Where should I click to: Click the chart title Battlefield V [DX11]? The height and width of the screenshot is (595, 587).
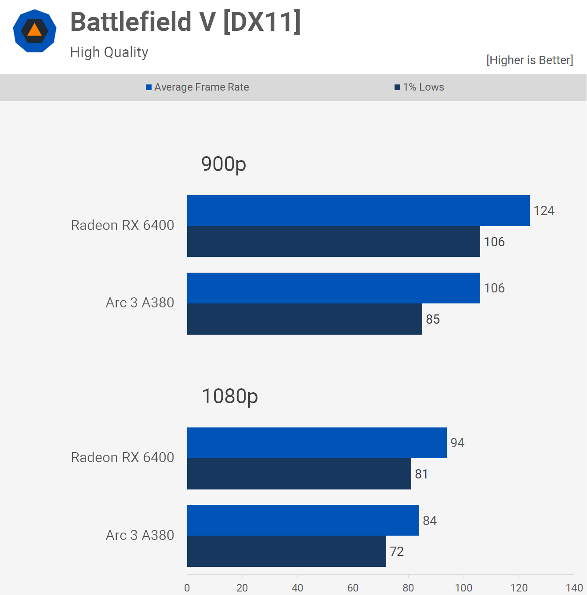click(x=185, y=22)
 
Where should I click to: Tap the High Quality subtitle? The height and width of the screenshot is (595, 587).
click(x=109, y=52)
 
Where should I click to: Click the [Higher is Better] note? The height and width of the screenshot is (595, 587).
click(x=529, y=60)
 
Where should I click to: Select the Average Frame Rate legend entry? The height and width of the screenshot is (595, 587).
click(x=197, y=87)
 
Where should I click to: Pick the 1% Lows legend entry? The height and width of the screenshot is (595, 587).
click(x=420, y=87)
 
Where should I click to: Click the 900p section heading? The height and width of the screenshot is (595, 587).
click(x=223, y=164)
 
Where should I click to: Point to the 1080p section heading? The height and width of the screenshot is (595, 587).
click(x=229, y=397)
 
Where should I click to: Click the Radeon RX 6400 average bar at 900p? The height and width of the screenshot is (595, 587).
click(x=358, y=211)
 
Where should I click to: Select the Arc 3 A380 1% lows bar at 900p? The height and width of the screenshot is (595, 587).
click(x=304, y=319)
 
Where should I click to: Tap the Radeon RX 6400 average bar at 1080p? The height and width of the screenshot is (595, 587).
click(x=317, y=443)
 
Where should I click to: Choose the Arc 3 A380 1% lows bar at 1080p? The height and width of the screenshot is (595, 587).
click(x=286, y=551)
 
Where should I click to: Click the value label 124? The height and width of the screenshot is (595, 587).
click(x=544, y=211)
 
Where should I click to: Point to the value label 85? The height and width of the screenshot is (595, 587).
click(x=433, y=319)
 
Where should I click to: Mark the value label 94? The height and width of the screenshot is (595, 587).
click(x=457, y=443)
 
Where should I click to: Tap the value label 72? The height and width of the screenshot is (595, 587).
click(x=397, y=551)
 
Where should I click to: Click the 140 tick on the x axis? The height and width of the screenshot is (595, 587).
click(x=574, y=588)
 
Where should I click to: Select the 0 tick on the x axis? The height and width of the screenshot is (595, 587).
click(x=187, y=588)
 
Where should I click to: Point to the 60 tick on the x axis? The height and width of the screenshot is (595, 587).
click(x=353, y=588)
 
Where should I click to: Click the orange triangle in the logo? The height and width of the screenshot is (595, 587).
click(x=34, y=30)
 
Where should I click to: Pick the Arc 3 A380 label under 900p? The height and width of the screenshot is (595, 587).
click(x=140, y=303)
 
